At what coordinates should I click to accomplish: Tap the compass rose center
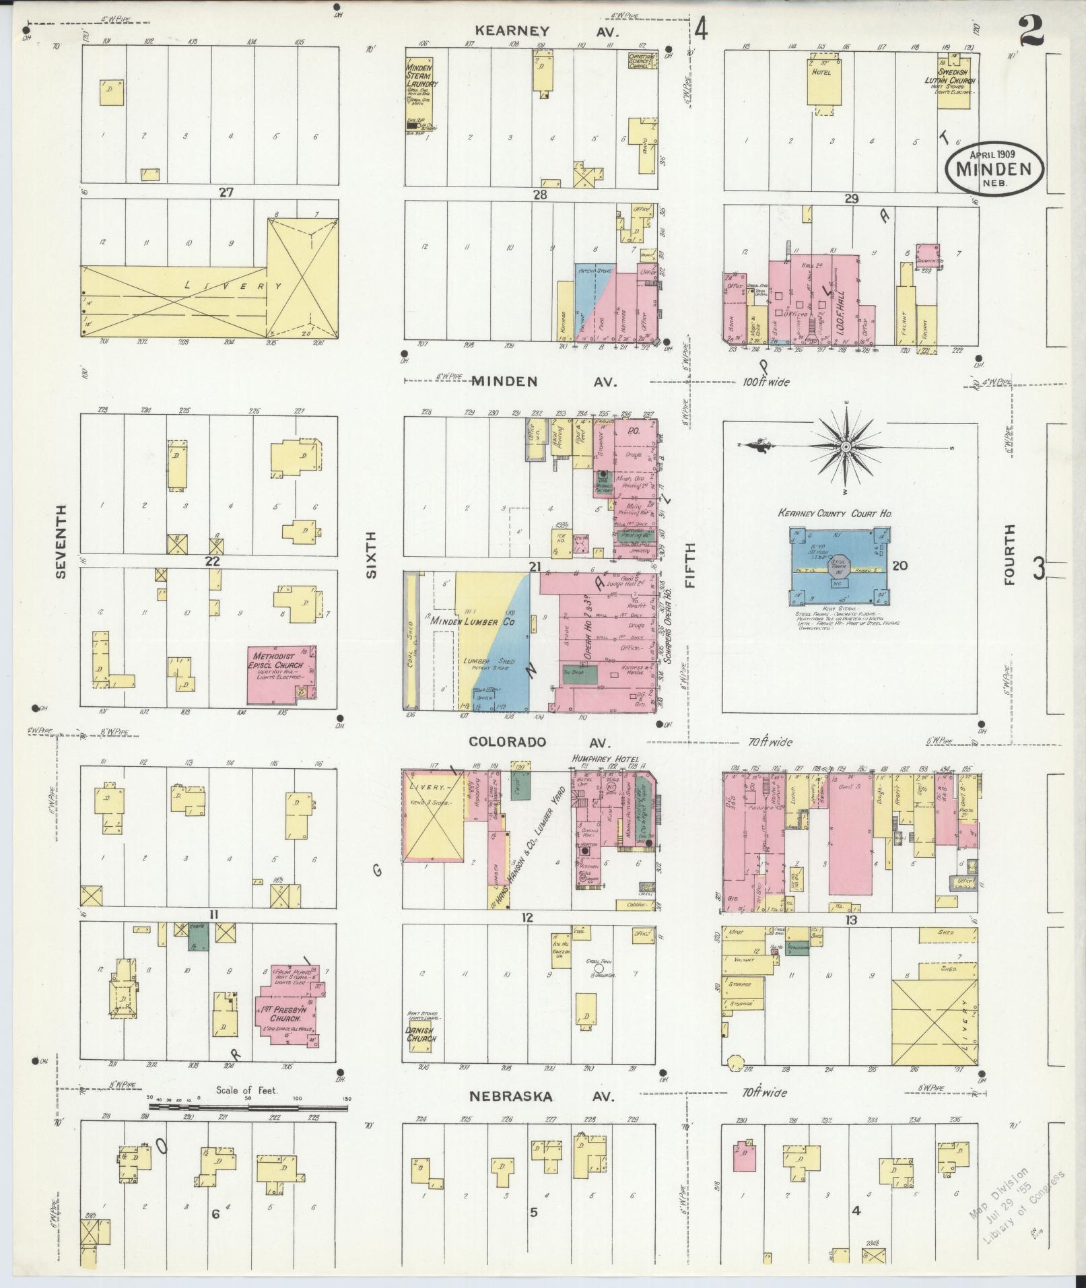[845, 446]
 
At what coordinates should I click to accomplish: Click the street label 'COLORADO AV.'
[539, 741]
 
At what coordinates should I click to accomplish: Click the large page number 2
[1031, 30]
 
